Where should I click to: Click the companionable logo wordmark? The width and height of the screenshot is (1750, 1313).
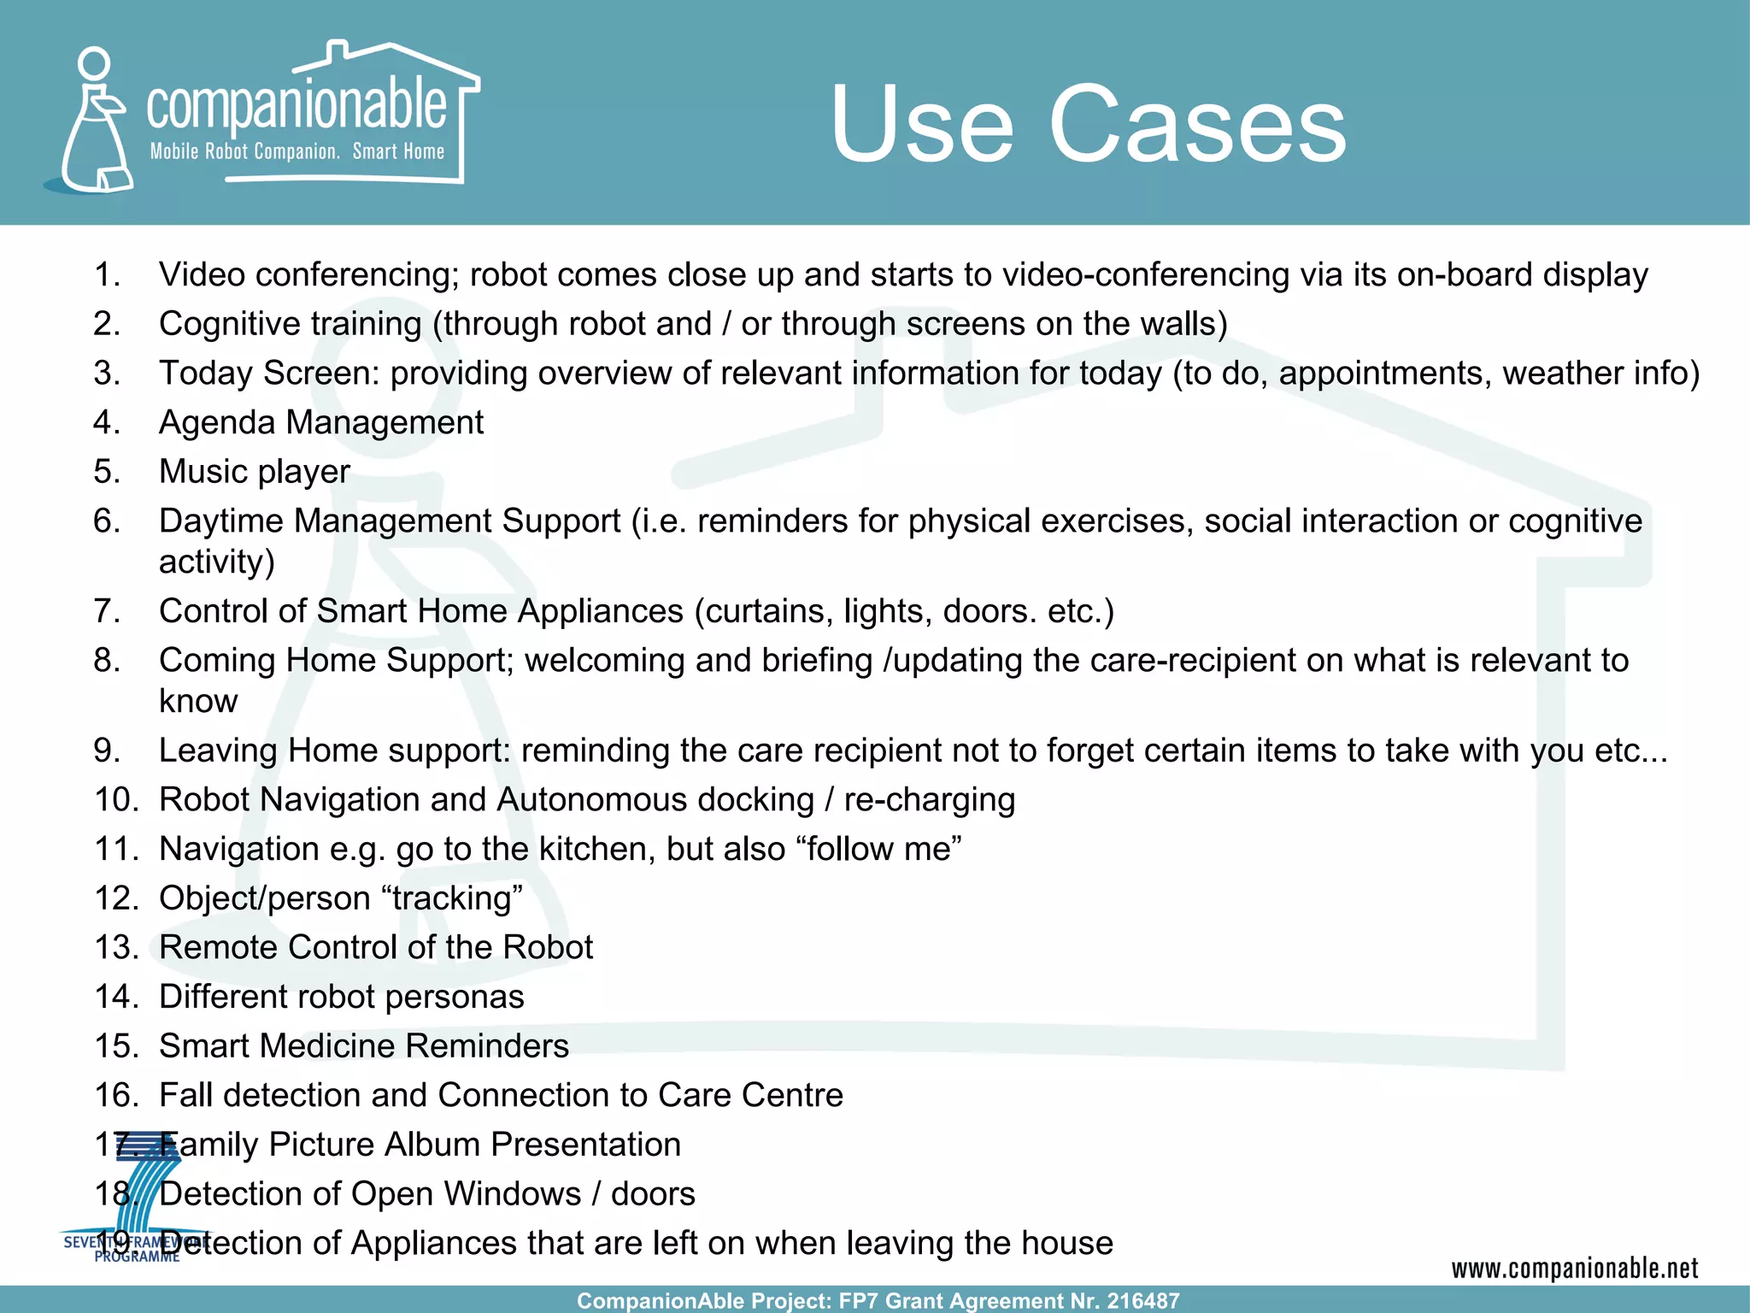tap(296, 106)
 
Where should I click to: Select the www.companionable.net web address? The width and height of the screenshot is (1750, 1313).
tap(1574, 1269)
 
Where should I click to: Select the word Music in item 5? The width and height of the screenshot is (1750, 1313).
tap(203, 472)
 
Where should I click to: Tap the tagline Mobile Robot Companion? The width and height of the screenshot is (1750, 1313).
tap(244, 152)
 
